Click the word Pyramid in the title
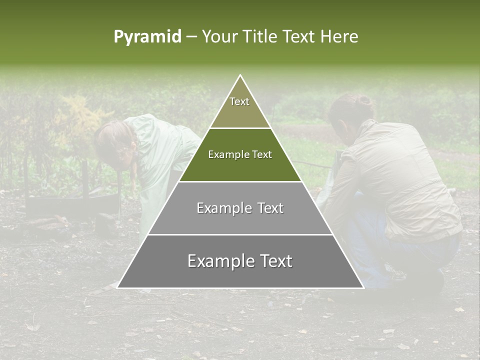click(x=147, y=37)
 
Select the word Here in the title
click(x=339, y=37)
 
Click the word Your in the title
click(x=219, y=37)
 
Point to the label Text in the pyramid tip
click(x=239, y=101)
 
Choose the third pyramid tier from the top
click(x=240, y=220)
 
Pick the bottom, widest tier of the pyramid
click(x=240, y=272)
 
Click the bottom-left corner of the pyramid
click(x=117, y=287)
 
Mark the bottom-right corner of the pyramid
click(x=363, y=287)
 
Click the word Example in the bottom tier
click(x=217, y=261)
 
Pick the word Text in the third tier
click(x=268, y=208)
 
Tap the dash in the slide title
click(x=191, y=37)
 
